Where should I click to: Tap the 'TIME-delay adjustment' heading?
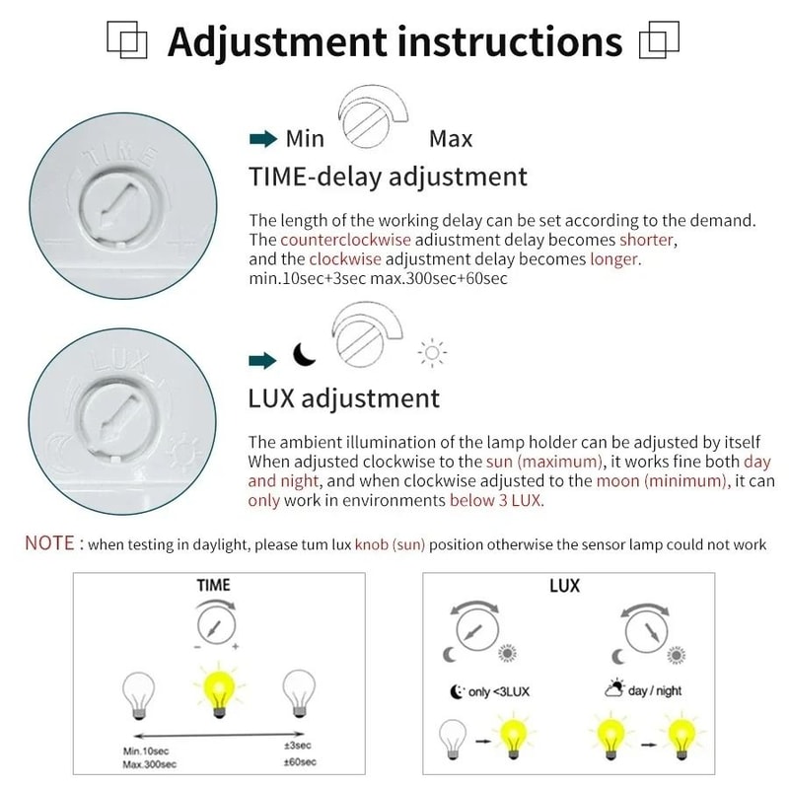coord(388,178)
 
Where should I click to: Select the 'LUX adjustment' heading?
coord(344,399)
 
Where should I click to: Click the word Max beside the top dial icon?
coord(451,139)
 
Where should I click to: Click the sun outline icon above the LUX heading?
coord(432,353)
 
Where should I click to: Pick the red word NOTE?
coord(50,543)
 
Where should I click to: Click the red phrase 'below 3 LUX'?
coord(496,501)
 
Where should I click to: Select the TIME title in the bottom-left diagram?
coord(213,586)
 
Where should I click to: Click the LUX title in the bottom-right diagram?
coord(564,586)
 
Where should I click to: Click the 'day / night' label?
coord(654,691)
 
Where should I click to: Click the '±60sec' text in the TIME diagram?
coord(298,762)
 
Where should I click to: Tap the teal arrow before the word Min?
coord(262,139)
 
